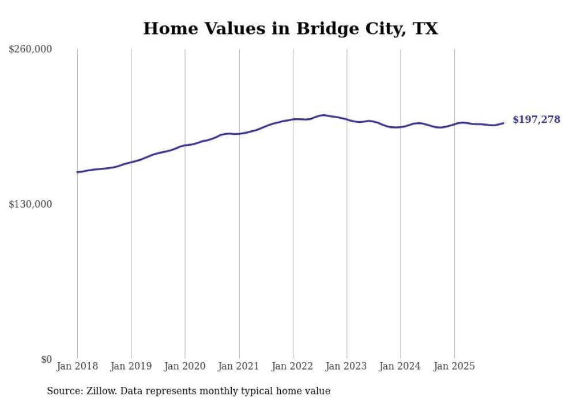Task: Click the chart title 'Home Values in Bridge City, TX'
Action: [291, 28]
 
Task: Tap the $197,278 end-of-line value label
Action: [536, 120]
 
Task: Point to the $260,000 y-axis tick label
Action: [31, 50]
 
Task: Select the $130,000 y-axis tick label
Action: [31, 204]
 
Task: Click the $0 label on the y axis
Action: [46, 360]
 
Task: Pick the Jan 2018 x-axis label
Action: [77, 366]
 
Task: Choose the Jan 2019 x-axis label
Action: [131, 366]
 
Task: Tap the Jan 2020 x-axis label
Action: [185, 366]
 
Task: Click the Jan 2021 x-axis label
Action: [239, 366]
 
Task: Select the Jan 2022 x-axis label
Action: [293, 366]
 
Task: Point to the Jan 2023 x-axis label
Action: [346, 366]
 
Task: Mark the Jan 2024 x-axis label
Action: [401, 366]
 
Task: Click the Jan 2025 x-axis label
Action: [454, 366]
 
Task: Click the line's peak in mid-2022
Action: [323, 115]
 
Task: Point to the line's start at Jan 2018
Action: [77, 172]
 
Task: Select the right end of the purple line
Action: [503, 123]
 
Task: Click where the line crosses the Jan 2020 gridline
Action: [185, 145]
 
